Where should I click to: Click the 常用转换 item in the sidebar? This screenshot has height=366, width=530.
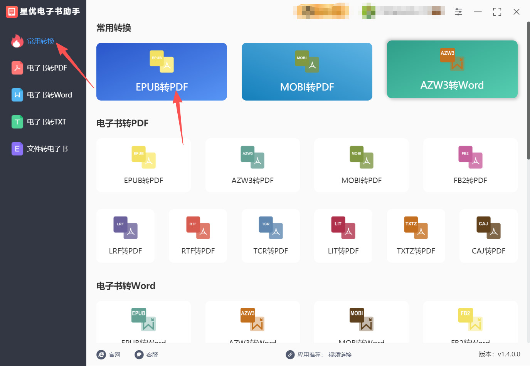pyautogui.click(x=40, y=41)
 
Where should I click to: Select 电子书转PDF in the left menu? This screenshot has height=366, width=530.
pyautogui.click(x=46, y=68)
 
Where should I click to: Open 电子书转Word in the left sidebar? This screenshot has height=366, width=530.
pyautogui.click(x=49, y=95)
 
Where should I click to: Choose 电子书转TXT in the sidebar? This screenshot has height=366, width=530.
pyautogui.click(x=46, y=122)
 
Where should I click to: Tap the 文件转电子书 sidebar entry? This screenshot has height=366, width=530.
pyautogui.click(x=47, y=149)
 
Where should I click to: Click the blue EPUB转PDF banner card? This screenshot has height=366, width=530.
pyautogui.click(x=162, y=72)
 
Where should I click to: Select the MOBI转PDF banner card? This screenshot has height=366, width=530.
pyautogui.click(x=307, y=72)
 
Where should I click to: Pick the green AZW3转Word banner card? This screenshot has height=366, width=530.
pyautogui.click(x=452, y=70)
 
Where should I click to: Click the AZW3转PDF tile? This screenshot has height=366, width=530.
pyautogui.click(x=252, y=165)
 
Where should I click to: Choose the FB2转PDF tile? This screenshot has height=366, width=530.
pyautogui.click(x=470, y=165)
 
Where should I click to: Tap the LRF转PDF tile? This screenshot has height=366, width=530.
pyautogui.click(x=125, y=236)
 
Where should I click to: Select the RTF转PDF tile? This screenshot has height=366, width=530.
pyautogui.click(x=198, y=236)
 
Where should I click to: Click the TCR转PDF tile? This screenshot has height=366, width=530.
pyautogui.click(x=271, y=236)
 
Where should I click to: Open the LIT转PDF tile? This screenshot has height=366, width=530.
pyautogui.click(x=343, y=236)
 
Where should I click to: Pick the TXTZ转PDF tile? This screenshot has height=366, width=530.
pyautogui.click(x=416, y=236)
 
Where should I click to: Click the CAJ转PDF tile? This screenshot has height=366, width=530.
pyautogui.click(x=488, y=236)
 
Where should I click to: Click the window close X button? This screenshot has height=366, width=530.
pyautogui.click(x=517, y=12)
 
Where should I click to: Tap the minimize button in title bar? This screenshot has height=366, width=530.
pyautogui.click(x=478, y=12)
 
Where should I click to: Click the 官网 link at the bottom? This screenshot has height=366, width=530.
pyautogui.click(x=109, y=354)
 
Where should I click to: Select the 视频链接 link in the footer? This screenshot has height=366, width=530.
pyautogui.click(x=340, y=354)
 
